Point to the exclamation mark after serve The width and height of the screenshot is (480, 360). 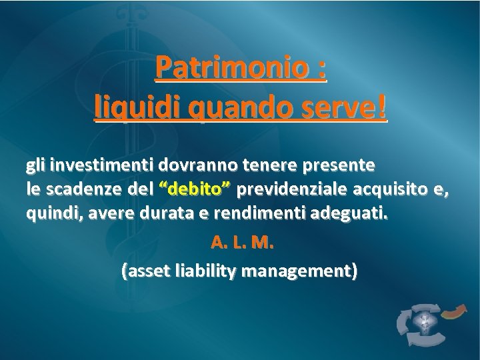coord(381,107)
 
